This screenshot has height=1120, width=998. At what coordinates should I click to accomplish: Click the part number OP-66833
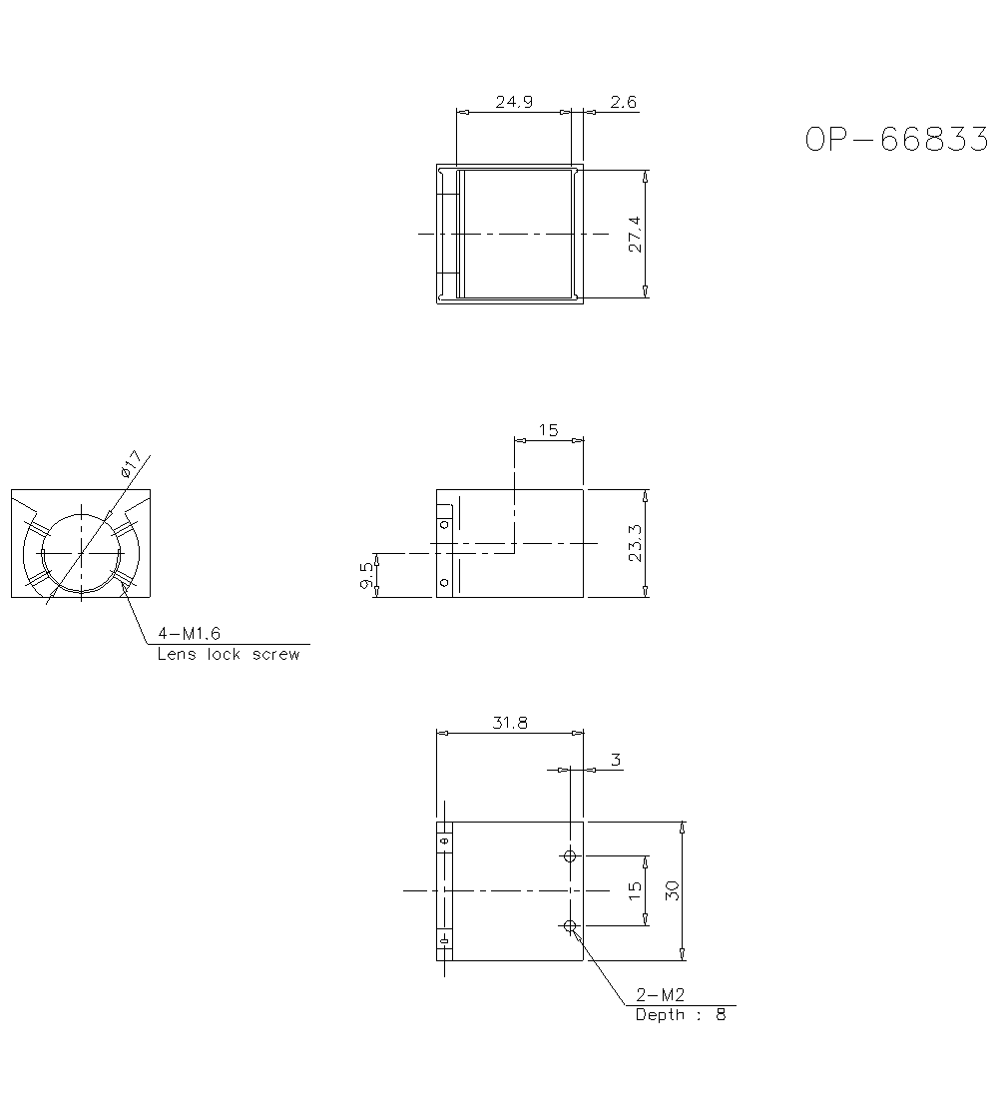896,140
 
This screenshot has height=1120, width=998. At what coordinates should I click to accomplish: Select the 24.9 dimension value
514,102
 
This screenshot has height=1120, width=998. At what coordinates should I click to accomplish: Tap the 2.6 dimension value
623,102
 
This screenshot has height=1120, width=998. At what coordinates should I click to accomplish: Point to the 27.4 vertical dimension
635,235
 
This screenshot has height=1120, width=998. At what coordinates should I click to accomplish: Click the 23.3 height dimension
635,543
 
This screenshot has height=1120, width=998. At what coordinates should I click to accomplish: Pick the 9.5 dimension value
366,576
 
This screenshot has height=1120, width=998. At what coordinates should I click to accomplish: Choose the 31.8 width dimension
510,723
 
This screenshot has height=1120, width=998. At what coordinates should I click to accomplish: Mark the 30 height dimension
672,890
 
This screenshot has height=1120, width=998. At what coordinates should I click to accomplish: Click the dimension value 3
616,760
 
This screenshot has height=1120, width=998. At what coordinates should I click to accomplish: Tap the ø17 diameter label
132,464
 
